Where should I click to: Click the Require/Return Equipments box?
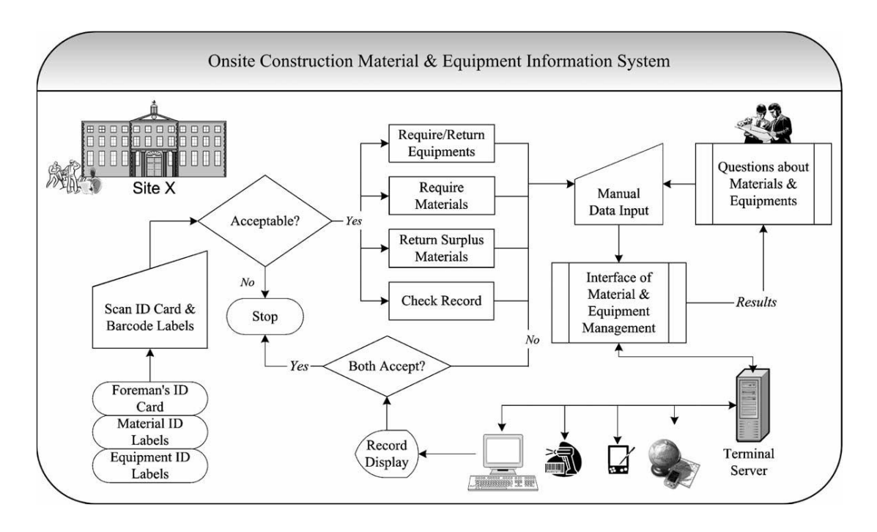coord(437,144)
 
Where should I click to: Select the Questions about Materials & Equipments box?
coord(763,182)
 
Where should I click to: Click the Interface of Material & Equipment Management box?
coord(619,302)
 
